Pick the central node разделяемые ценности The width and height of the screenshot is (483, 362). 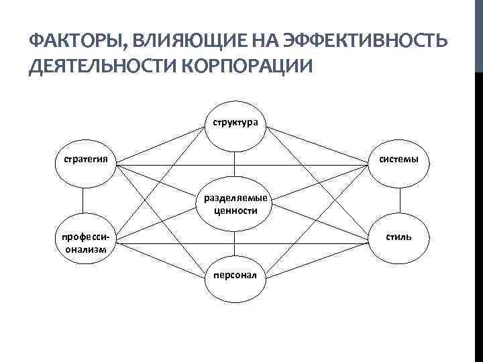(x=235, y=203)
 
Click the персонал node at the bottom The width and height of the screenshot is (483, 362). (x=235, y=276)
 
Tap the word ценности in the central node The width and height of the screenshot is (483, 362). (x=235, y=210)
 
